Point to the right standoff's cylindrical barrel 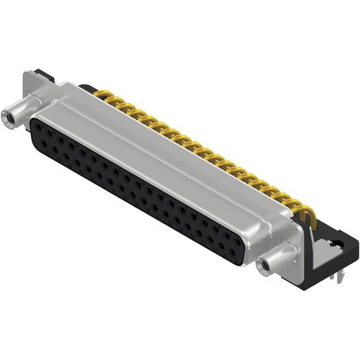coord(276,258)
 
